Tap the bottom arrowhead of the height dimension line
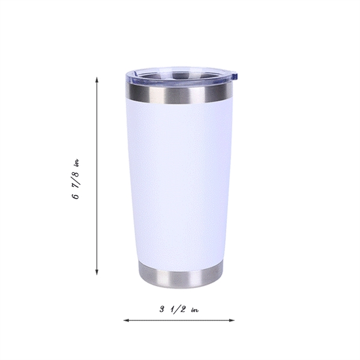click(97, 273)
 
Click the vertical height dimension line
click(97, 180)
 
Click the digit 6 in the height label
click(76, 197)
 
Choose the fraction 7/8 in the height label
click(76, 179)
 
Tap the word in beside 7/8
click(76, 163)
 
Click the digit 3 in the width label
click(162, 310)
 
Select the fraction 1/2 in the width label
click(177, 310)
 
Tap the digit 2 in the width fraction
click(181, 310)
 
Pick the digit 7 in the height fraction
click(76, 185)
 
